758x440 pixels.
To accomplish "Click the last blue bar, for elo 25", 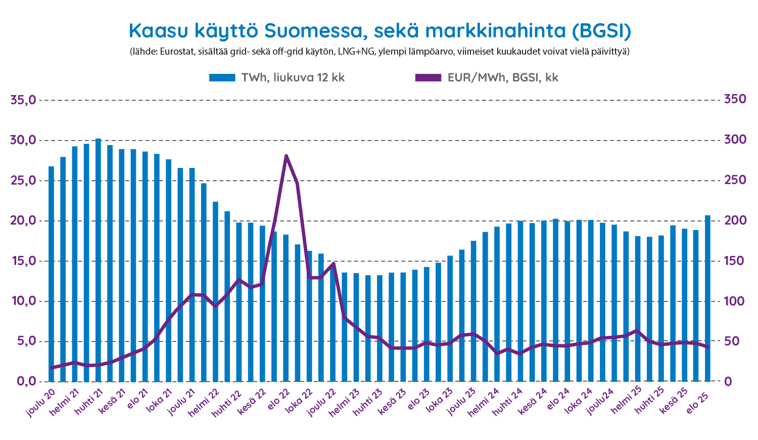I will [707, 298].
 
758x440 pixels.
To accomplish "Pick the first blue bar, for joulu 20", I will [51, 274].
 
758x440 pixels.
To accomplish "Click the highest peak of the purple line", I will [286, 156].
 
